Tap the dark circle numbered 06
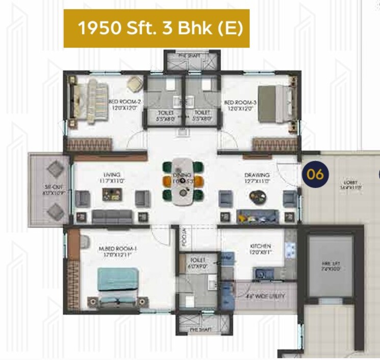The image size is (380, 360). click(x=315, y=174)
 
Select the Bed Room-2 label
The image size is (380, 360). click(x=125, y=105)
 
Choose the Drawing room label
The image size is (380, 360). click(x=257, y=177)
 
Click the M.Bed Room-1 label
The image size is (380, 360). click(x=118, y=251)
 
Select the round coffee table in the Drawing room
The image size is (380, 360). click(x=257, y=196)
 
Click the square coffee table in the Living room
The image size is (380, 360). click(x=111, y=194)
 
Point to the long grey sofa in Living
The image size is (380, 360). click(x=112, y=217)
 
